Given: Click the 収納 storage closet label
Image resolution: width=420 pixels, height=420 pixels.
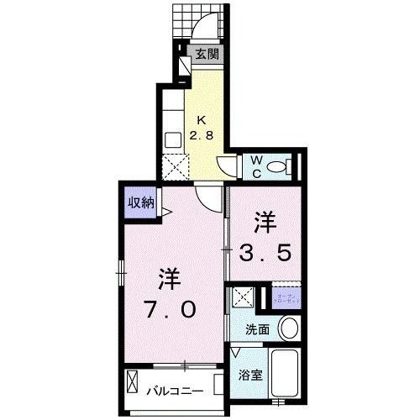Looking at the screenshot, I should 140,202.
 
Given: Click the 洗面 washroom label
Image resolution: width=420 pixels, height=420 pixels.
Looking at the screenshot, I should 257,330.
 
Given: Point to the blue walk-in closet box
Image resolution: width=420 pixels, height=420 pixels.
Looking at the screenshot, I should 282,298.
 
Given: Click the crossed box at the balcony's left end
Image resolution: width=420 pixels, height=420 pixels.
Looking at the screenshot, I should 133,381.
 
